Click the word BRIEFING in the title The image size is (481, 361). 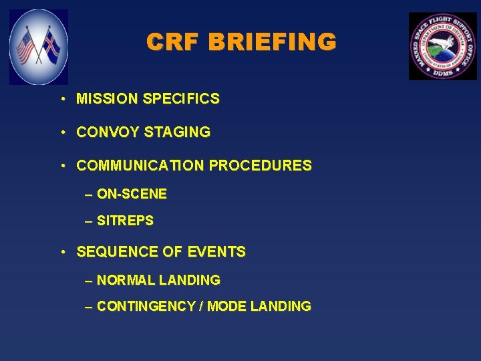(272, 42)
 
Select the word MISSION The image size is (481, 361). (106, 99)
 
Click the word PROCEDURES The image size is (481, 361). (260, 165)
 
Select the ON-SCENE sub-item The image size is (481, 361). (132, 195)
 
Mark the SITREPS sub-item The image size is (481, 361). (125, 220)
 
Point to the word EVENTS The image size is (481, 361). (216, 252)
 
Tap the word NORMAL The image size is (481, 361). (126, 280)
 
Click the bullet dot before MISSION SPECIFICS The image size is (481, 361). (61, 100)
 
